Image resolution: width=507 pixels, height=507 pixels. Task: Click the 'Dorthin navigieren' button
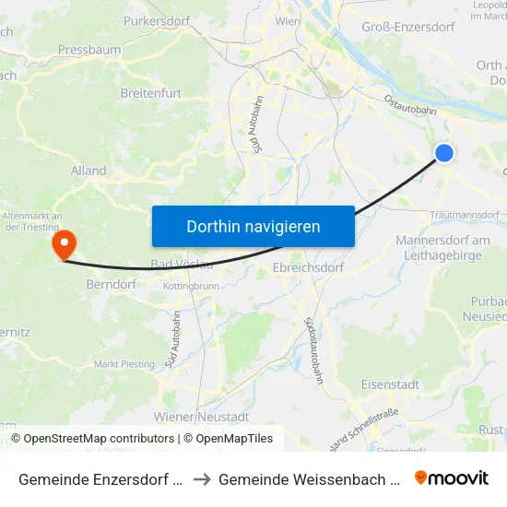click(x=253, y=226)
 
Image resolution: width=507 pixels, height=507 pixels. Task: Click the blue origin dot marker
click(x=444, y=153)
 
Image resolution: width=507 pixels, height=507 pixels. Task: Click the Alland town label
click(x=88, y=171)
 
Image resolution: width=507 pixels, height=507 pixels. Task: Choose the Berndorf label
click(x=111, y=285)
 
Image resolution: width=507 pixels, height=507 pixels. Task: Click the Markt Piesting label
click(x=124, y=364)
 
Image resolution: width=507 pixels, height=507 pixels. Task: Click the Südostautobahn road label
click(x=313, y=350)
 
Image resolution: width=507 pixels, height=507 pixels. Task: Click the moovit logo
click(x=451, y=478)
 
